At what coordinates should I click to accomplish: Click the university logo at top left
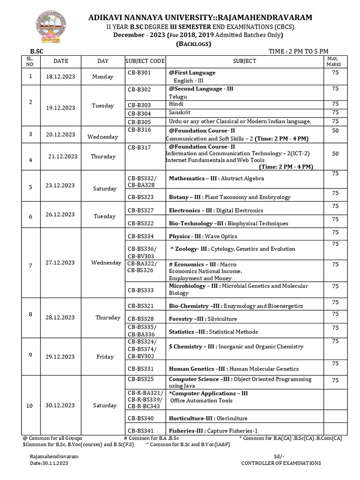pyautogui.click(x=49, y=27)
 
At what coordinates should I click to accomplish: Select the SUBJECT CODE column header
pyautogui.click(x=145, y=61)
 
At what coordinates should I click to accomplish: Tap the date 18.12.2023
pyautogui.click(x=60, y=76)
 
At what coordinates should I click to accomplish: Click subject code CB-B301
pyautogui.click(x=139, y=73)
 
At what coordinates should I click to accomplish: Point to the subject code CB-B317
pyautogui.click(x=139, y=147)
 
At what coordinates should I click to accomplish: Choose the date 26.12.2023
pyautogui.click(x=60, y=215)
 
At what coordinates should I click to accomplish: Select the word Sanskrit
pyautogui.click(x=180, y=112)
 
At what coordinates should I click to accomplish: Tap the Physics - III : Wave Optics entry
pyautogui.click(x=203, y=236)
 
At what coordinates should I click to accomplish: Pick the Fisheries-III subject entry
pyautogui.click(x=213, y=431)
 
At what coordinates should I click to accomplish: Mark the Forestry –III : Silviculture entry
pyautogui.click(x=203, y=319)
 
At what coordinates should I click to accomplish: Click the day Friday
pyautogui.click(x=105, y=357)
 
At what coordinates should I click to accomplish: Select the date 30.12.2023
pyautogui.click(x=60, y=405)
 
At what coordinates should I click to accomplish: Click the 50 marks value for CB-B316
pyautogui.click(x=335, y=131)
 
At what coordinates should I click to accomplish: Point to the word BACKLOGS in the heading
pyautogui.click(x=194, y=44)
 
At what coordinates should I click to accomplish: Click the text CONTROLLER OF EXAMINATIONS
pyautogui.click(x=281, y=463)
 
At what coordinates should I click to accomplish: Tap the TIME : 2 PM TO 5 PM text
pyautogui.click(x=298, y=51)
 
